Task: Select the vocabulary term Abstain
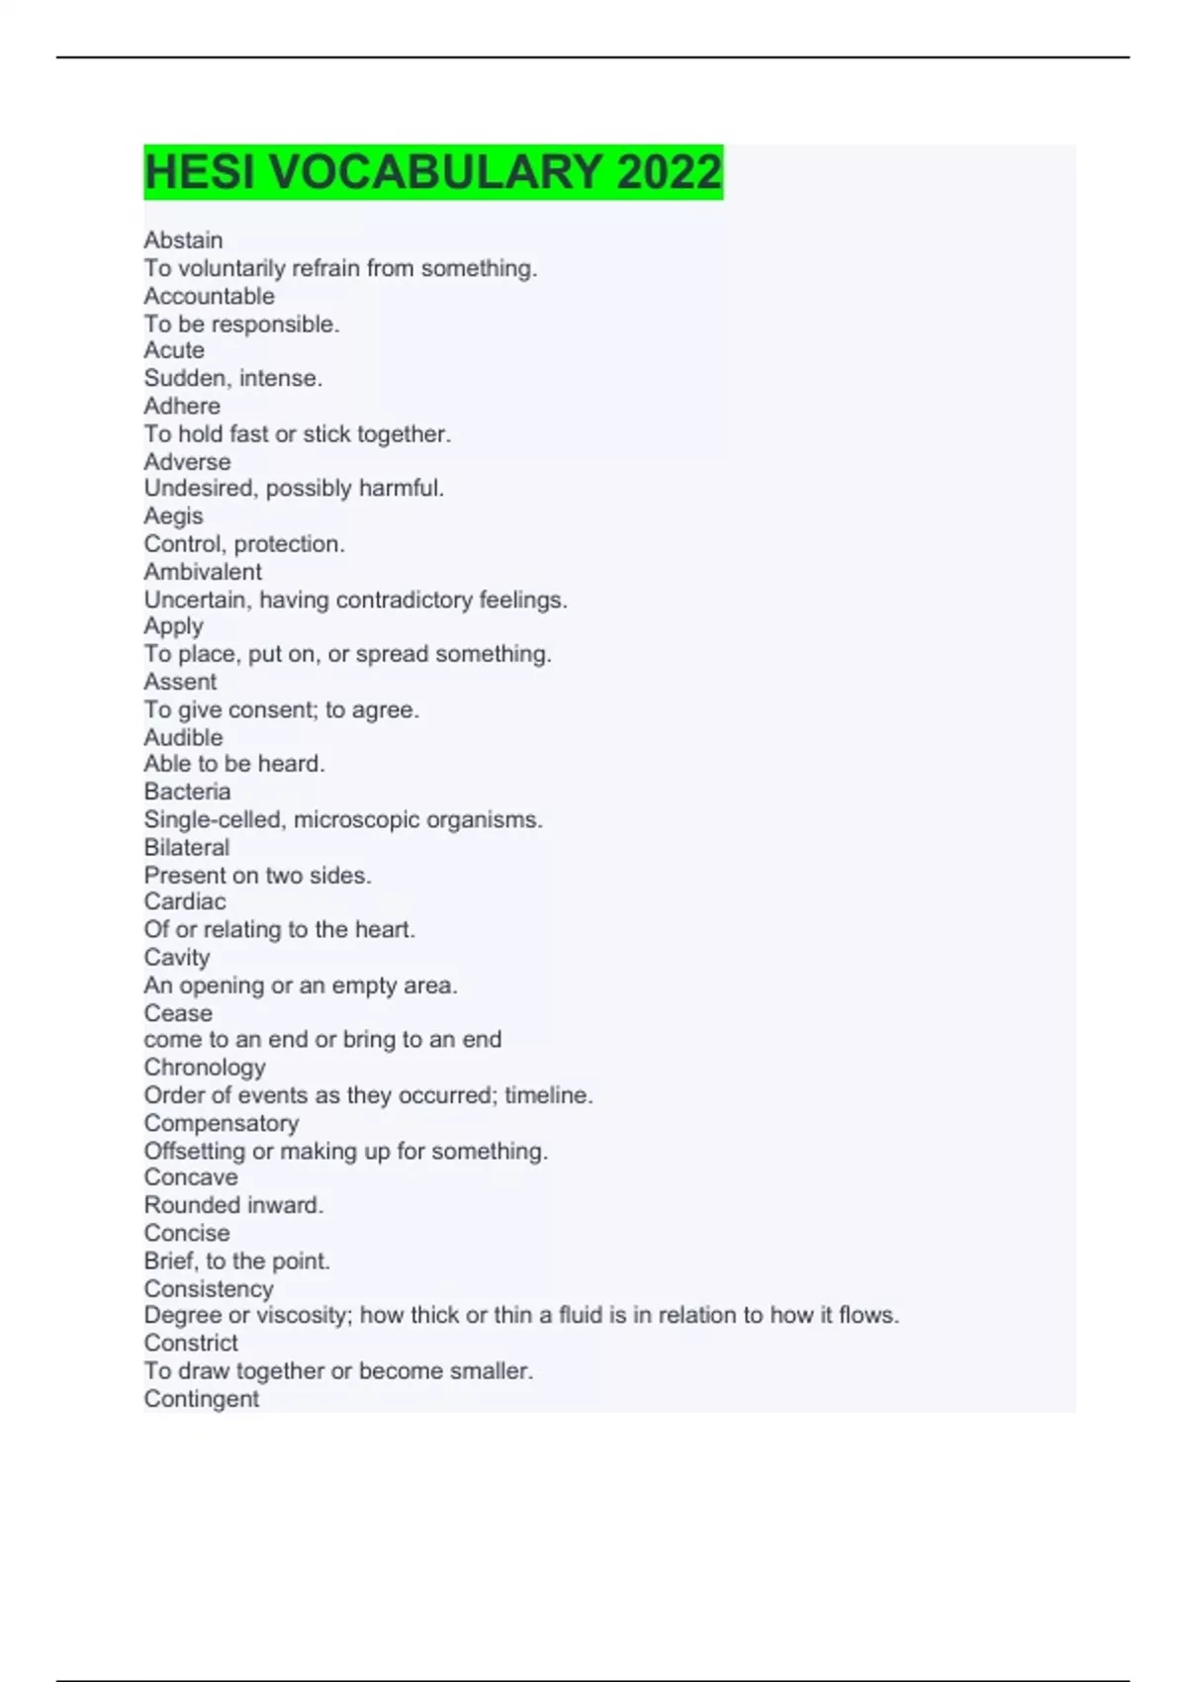tap(183, 240)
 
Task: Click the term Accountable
tap(209, 296)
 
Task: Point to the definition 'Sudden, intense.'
tap(232, 378)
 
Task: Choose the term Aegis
tap(173, 515)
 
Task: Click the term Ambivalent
tap(203, 572)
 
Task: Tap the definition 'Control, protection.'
tap(244, 544)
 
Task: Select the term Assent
tap(180, 682)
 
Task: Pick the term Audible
tap(183, 737)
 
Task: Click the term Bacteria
tap(187, 792)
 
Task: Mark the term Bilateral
tap(186, 847)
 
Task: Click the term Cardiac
tap(184, 901)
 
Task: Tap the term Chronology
tap(205, 1068)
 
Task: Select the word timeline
tap(548, 1095)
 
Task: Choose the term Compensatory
tap(222, 1123)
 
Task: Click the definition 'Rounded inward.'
tap(233, 1205)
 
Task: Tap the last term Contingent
tap(201, 1399)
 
